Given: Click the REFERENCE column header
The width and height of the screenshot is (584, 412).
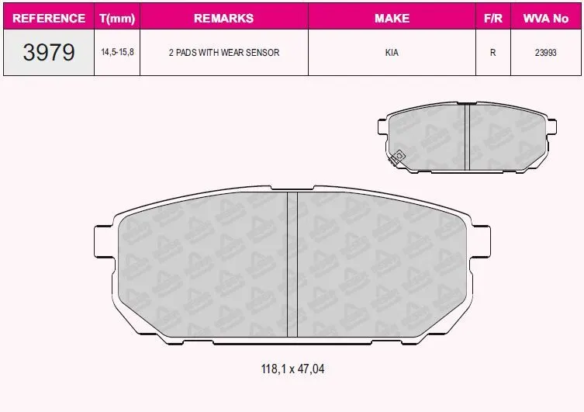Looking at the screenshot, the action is [49, 18].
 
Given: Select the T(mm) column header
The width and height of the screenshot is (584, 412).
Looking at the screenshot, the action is [117, 19].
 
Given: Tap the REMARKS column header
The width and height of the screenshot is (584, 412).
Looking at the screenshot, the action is [224, 18].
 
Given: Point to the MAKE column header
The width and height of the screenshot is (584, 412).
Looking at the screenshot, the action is [392, 18].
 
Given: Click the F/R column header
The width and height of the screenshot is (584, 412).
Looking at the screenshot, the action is [493, 18].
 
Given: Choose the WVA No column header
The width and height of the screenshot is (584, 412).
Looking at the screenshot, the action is [546, 18].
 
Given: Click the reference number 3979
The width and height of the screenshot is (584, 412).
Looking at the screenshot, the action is [49, 52].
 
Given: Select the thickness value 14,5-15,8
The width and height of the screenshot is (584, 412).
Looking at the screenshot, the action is [117, 52].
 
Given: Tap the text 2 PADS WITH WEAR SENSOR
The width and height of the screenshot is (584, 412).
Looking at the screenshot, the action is [224, 53].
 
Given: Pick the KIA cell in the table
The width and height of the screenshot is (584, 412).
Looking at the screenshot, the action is [392, 53].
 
